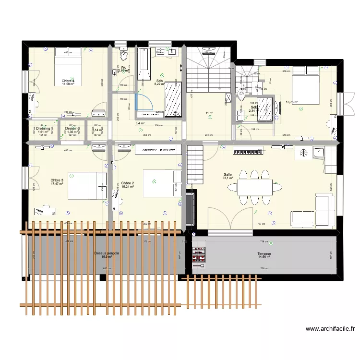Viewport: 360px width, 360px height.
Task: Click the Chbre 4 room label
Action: (68, 81)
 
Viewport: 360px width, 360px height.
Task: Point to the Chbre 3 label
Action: (57, 180)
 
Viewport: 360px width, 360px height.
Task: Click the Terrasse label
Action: (264, 253)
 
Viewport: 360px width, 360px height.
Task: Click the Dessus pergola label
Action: (107, 253)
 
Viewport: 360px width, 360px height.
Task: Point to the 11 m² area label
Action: (209, 113)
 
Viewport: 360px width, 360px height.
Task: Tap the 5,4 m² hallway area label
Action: (140, 123)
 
